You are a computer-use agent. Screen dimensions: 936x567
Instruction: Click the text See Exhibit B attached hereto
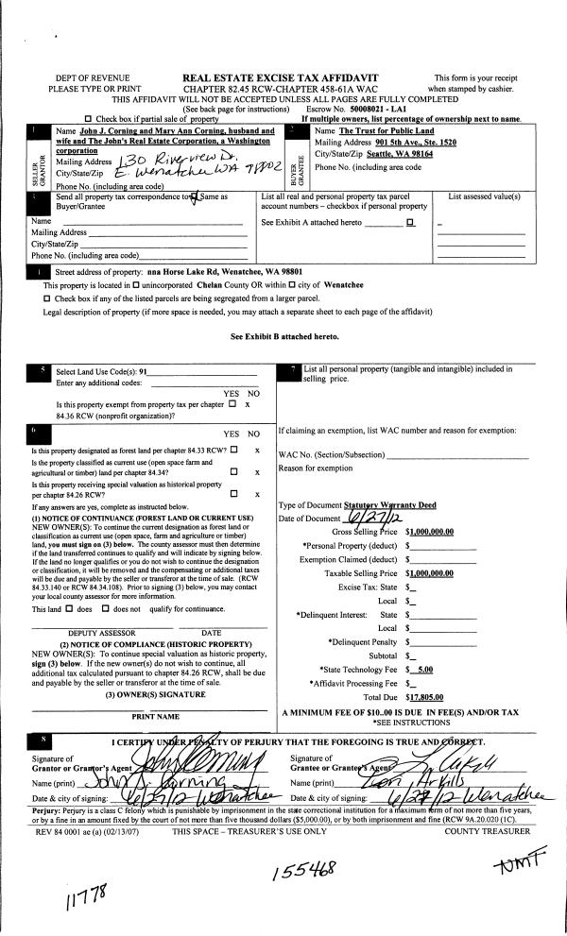coord(283,337)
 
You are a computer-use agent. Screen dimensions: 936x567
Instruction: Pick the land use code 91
coord(144,372)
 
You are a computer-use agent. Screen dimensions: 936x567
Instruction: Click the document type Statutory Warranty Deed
coord(380,505)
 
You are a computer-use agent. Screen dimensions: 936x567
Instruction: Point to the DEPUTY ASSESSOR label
coord(94,632)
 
